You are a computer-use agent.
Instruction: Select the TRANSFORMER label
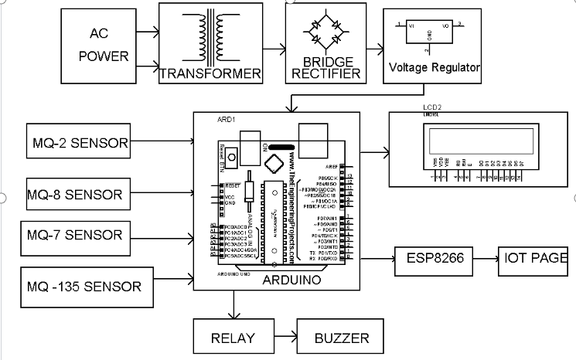coord(210,74)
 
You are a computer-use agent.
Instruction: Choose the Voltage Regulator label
coord(435,67)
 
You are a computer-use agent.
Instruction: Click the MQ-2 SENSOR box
coord(78,142)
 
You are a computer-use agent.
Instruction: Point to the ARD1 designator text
coord(227,120)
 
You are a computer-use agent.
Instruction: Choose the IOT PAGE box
coord(536,258)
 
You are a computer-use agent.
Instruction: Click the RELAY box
coord(232,338)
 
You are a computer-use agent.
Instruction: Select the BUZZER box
coord(342,338)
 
